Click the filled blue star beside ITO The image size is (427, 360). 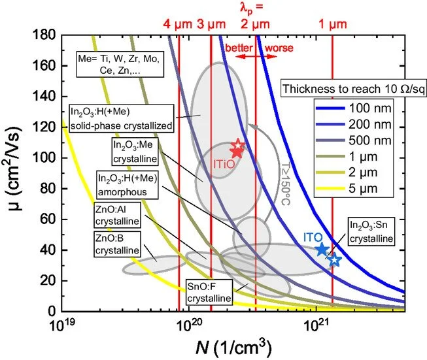tap(322, 249)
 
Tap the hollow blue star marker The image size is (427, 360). tap(334, 260)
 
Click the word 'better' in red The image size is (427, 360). tap(238, 48)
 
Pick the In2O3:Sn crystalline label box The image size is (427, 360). tap(371, 233)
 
